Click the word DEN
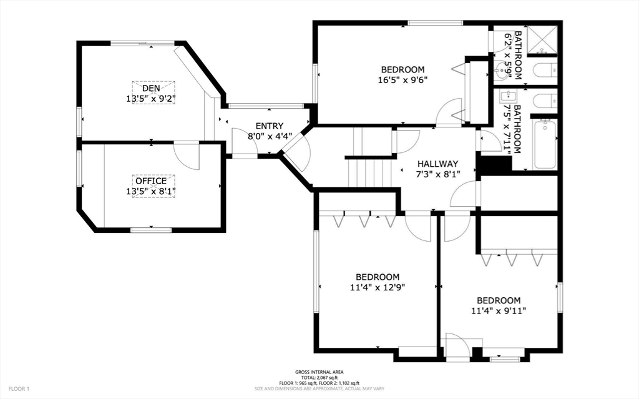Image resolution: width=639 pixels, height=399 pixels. point(151,88)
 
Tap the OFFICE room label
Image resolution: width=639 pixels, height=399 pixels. point(151,180)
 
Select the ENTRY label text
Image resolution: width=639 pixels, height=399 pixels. point(270,126)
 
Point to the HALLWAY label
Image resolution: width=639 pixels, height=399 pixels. point(437,164)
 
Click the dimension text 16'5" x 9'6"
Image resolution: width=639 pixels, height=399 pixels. point(402,80)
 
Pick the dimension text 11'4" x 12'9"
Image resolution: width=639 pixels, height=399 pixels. point(378,287)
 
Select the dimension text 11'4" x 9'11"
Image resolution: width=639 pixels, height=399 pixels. point(499,311)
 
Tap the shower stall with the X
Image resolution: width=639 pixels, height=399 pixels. point(542,40)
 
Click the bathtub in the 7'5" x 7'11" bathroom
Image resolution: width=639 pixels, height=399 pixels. point(545,144)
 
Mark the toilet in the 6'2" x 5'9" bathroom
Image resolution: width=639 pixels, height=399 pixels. point(544,71)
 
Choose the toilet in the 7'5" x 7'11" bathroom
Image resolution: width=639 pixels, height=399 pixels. point(544,101)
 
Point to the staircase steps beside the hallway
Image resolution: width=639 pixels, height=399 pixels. point(369,172)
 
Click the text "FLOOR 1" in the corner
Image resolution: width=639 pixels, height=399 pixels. point(19,389)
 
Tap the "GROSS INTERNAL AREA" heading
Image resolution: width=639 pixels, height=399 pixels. point(319,372)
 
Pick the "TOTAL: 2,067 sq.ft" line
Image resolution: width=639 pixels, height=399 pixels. point(319,378)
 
